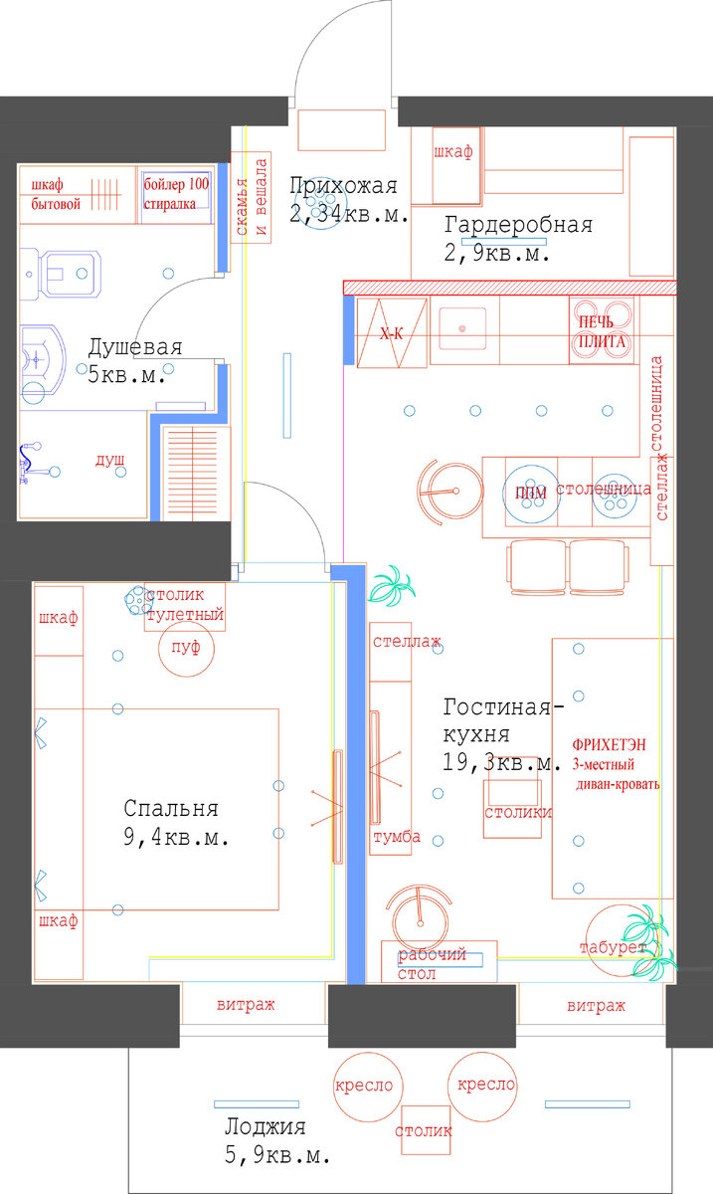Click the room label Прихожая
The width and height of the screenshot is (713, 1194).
point(343,186)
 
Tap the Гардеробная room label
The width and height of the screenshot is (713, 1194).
point(518,225)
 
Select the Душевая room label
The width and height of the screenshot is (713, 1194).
point(134,348)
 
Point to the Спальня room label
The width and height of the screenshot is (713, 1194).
point(170,809)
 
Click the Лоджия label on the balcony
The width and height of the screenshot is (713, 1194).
point(265,1127)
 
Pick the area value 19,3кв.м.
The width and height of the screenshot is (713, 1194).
point(503,763)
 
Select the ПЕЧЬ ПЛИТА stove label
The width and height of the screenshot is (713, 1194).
point(601,332)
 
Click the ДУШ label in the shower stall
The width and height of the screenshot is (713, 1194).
point(109,463)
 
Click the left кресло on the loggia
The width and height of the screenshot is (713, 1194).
point(364,1086)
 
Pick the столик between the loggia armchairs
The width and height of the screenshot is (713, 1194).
point(424,1131)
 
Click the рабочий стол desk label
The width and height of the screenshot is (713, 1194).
point(433,963)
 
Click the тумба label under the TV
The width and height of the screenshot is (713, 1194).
point(396,837)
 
